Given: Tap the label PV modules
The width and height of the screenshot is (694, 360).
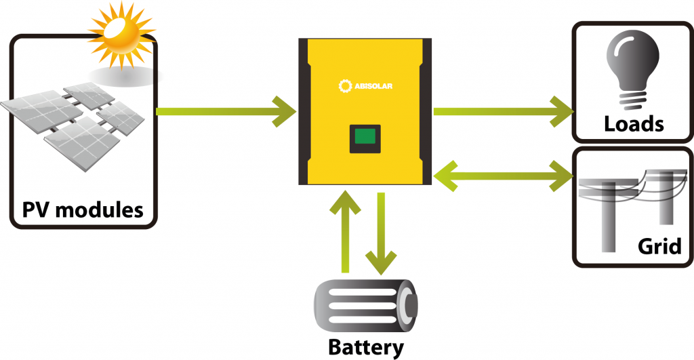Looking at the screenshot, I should (x=83, y=209).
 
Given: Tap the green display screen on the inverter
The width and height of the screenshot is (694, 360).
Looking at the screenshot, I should (x=365, y=138).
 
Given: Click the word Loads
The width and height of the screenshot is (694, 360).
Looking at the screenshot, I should (x=633, y=124).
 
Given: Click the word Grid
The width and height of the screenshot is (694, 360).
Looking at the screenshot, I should (x=659, y=245).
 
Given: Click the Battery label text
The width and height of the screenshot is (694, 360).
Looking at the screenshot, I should (x=366, y=347).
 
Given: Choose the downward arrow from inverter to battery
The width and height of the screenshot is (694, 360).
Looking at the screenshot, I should (x=381, y=231).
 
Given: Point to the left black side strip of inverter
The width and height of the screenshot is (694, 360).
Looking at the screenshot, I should (x=304, y=113).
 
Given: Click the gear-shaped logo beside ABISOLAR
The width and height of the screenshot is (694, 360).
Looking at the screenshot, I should (x=343, y=85).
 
